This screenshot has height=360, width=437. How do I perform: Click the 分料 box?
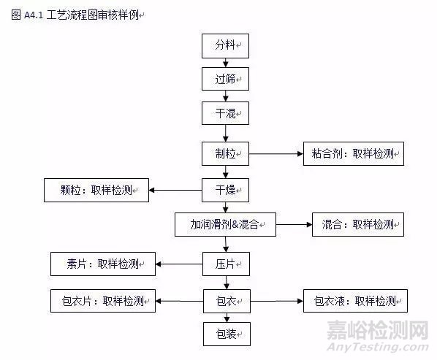tap(225, 46)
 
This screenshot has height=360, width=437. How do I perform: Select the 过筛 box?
tap(225, 79)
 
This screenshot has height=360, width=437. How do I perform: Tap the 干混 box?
tap(225, 113)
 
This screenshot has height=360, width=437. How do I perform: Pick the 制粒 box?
tap(225, 153)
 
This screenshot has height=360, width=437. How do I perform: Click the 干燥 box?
tap(225, 190)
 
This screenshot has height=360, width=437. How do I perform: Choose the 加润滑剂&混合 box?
tap(225, 225)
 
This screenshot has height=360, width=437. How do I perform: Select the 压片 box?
tap(226, 264)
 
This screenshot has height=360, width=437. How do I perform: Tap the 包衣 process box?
tap(227, 301)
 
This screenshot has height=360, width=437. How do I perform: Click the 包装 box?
tap(227, 334)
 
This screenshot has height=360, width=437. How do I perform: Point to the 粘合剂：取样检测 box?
tap(354, 153)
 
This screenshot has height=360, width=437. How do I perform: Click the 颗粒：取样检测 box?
tap(96, 190)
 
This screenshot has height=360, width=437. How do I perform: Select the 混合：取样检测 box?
tap(358, 225)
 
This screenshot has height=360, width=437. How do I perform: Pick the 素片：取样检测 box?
tap(103, 264)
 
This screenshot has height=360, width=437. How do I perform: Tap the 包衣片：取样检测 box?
tap(103, 301)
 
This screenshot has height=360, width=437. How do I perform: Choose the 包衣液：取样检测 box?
tap(355, 301)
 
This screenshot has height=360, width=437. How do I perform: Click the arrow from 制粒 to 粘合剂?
tap(276, 153)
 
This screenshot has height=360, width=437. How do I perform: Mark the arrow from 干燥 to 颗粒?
tap(175, 190)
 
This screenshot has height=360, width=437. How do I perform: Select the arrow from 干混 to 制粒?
tap(226, 134)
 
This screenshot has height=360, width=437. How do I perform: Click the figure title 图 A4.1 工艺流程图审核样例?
tap(77, 15)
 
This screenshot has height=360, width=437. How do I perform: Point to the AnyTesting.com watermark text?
tap(378, 347)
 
